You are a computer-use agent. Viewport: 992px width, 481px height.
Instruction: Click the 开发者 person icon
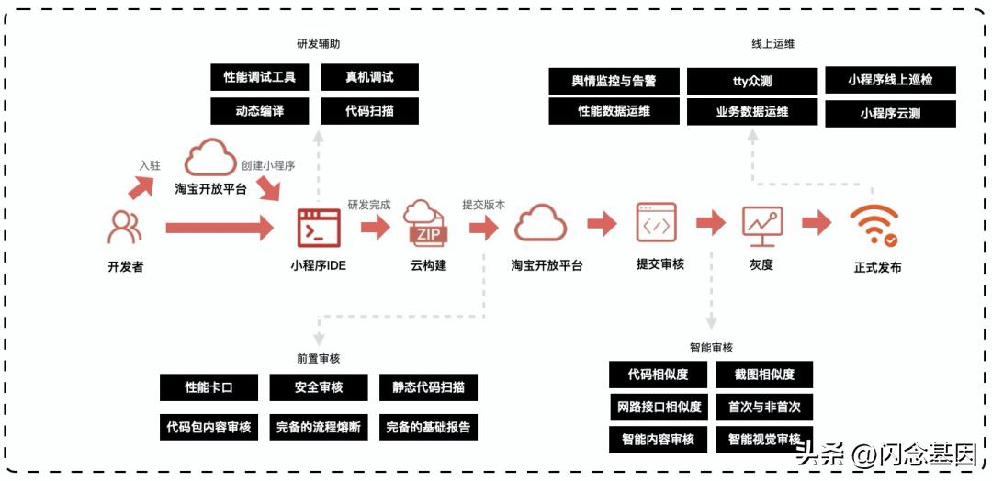pyautogui.click(x=125, y=227)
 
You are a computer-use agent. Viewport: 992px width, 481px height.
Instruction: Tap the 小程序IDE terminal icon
pyautogui.click(x=318, y=227)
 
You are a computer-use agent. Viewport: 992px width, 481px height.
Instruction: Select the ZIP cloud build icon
pyautogui.click(x=428, y=224)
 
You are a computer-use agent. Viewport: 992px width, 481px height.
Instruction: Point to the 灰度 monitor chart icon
pyautogui.click(x=762, y=225)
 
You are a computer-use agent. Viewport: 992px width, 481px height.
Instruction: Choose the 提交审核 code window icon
pyautogui.click(x=656, y=223)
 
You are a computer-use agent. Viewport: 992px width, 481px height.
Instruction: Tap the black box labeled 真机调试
pyautogui.click(x=369, y=77)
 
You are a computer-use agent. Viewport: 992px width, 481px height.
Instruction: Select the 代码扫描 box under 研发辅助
pyautogui.click(x=369, y=111)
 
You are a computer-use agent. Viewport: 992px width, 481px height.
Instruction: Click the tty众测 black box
pyautogui.click(x=751, y=81)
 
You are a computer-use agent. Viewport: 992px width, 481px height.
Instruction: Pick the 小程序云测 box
pyautogui.click(x=890, y=114)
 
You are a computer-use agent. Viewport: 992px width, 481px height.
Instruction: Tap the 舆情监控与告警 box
pyautogui.click(x=614, y=81)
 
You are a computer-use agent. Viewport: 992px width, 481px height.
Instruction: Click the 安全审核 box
pyautogui.click(x=318, y=387)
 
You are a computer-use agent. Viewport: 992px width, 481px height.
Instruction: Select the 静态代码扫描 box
pyautogui.click(x=428, y=387)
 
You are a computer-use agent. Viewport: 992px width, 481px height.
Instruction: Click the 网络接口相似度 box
pyautogui.click(x=658, y=407)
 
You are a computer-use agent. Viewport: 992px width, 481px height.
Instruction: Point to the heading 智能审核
pyautogui.click(x=711, y=348)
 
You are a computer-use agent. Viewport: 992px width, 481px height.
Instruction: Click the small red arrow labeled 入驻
pyautogui.click(x=141, y=186)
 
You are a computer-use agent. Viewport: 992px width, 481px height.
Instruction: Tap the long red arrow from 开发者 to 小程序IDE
pyautogui.click(x=220, y=227)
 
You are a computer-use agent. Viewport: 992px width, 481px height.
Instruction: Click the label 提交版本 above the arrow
pyautogui.click(x=483, y=205)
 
